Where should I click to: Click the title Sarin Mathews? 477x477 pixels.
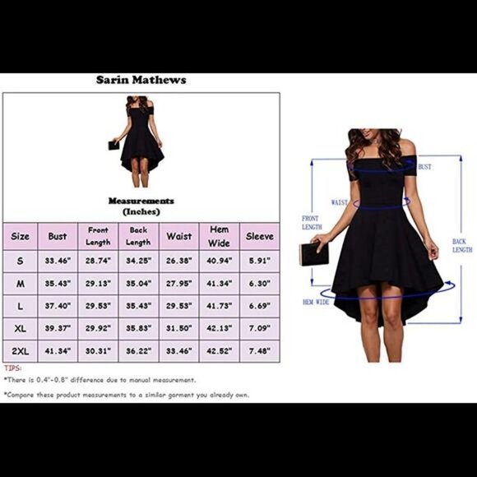coord(141,80)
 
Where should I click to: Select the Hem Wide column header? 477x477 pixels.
coord(219,236)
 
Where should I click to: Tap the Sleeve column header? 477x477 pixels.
coord(260,236)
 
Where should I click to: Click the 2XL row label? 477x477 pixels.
coord(21,351)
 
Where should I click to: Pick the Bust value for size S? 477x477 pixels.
coord(58,261)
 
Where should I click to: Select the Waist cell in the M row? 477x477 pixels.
coord(179,284)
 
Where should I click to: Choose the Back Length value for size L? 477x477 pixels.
coord(138,306)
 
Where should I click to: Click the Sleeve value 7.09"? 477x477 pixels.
coord(260,328)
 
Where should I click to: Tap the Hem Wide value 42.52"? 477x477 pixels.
coord(219,351)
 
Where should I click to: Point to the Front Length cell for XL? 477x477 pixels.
coord(98,328)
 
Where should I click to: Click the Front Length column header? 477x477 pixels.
coord(98,236)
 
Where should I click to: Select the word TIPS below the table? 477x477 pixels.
coord(13,368)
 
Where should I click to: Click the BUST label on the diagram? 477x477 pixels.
coord(424,167)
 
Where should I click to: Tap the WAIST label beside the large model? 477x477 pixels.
coord(339,202)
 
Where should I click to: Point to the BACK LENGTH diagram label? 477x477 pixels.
coord(462,246)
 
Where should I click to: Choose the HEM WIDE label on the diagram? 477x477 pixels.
coord(316,302)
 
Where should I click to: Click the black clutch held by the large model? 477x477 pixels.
coord(314,254)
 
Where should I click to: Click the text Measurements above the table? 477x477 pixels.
coord(141,201)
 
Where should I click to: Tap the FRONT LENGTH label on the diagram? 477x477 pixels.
coord(312,223)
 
